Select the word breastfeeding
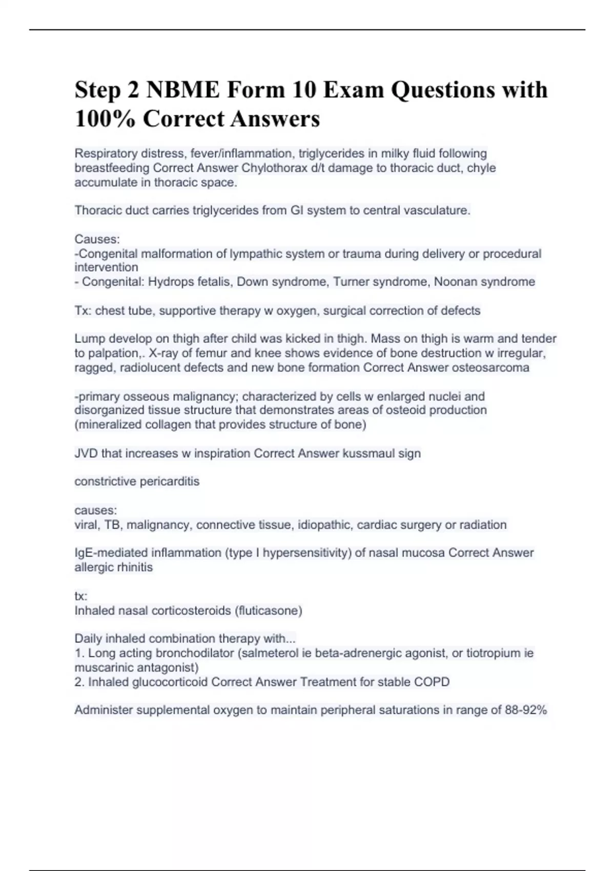click(x=112, y=168)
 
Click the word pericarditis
click(x=170, y=482)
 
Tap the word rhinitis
click(x=136, y=568)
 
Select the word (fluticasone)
click(x=268, y=611)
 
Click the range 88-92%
click(x=527, y=710)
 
